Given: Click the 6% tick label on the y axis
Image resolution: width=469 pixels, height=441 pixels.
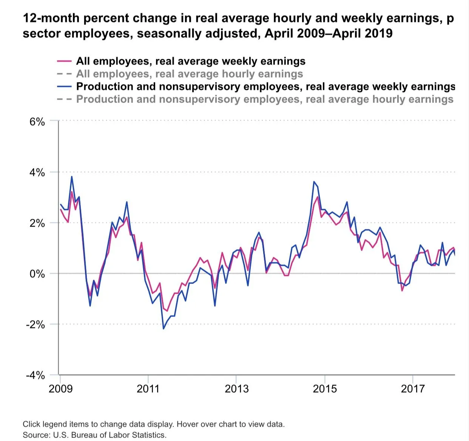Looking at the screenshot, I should (x=37, y=122).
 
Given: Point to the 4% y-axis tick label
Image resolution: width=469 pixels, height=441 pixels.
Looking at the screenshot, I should (x=37, y=173).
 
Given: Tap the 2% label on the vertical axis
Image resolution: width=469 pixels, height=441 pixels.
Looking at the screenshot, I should (x=37, y=223).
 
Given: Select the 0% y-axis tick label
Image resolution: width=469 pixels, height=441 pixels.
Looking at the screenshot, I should (x=37, y=274).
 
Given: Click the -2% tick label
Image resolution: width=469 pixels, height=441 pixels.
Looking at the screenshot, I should (x=35, y=324).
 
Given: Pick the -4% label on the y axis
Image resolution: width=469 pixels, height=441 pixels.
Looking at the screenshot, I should (x=35, y=375).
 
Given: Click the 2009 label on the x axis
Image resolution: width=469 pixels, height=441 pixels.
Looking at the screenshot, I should (x=60, y=388).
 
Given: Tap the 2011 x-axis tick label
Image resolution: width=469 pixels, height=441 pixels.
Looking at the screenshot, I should (x=148, y=388).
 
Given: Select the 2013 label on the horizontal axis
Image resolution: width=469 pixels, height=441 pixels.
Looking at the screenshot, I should (x=236, y=388).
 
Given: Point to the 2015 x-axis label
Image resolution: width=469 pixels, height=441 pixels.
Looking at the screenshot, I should (x=325, y=388).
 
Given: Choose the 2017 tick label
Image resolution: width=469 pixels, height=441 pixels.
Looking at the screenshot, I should (x=413, y=388).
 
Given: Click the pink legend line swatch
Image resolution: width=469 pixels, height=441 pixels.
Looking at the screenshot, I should (x=64, y=61).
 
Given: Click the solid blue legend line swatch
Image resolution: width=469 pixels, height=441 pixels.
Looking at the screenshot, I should (x=64, y=86).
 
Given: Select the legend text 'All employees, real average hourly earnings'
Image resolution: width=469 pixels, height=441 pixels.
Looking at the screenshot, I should (x=190, y=74).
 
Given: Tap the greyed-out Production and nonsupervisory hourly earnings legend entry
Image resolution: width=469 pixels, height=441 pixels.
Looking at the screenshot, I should (x=264, y=99).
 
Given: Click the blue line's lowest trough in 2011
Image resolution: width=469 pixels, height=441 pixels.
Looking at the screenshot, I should (x=164, y=329).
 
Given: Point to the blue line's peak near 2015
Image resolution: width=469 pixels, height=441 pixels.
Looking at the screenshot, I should (x=314, y=182).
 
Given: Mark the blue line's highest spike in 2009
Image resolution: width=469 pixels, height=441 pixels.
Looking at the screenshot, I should (x=72, y=177).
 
